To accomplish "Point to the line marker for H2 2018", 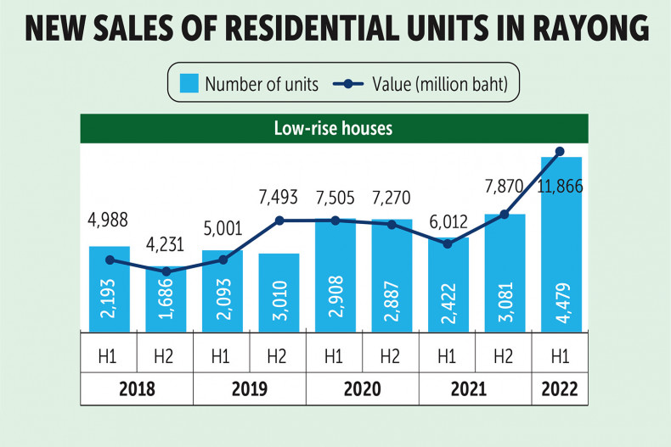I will coord(166,271).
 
